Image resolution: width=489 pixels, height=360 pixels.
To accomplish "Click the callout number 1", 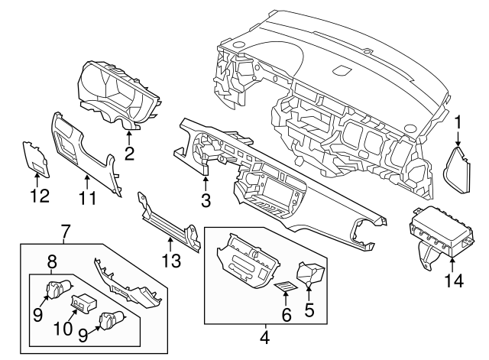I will pyautogui.click(x=458, y=122).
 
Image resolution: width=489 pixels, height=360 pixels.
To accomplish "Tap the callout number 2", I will pyautogui.click(x=129, y=154).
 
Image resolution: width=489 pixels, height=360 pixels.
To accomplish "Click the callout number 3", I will pyautogui.click(x=206, y=201).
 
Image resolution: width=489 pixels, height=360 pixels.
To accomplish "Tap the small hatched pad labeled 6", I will pyautogui.click(x=284, y=288).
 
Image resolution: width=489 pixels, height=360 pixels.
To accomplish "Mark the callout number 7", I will pyautogui.click(x=66, y=229).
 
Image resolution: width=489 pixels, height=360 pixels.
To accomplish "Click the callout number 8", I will pyautogui.click(x=52, y=260).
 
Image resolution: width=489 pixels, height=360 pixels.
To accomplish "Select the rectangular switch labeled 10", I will pyautogui.click(x=83, y=304).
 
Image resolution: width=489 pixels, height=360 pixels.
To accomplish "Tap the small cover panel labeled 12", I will pyautogui.click(x=34, y=156).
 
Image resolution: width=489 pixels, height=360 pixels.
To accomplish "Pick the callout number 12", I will pyautogui.click(x=39, y=196).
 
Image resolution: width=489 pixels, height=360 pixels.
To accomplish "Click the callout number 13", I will pyautogui.click(x=170, y=262).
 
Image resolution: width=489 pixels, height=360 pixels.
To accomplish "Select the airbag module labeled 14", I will pyautogui.click(x=443, y=233).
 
